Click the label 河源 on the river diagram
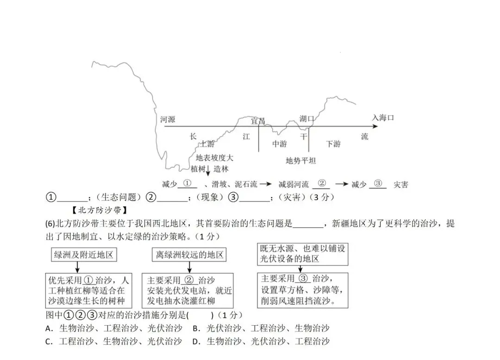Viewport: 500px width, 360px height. pyautogui.click(x=168, y=120)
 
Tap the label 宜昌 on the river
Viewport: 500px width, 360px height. pyautogui.click(x=258, y=121)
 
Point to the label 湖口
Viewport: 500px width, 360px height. pyautogui.click(x=306, y=119)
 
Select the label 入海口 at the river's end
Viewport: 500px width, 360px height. pyautogui.click(x=383, y=118)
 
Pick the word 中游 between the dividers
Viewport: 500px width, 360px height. pyautogui.click(x=279, y=144)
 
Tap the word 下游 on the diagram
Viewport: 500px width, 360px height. pyautogui.click(x=333, y=144)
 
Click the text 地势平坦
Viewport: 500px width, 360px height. pyautogui.click(x=300, y=161)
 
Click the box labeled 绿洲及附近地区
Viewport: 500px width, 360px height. pyautogui.click(x=83, y=254)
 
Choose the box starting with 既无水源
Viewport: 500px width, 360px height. pyautogui.click(x=302, y=253)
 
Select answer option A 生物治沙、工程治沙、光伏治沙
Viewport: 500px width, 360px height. pyautogui.click(x=114, y=328)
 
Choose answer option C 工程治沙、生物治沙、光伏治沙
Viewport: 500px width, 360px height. pyautogui.click(x=114, y=342)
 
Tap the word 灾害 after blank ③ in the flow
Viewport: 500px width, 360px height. pyautogui.click(x=400, y=184)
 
